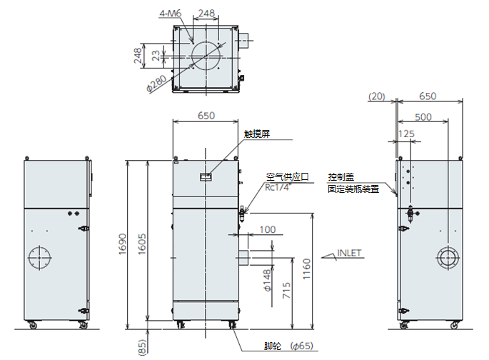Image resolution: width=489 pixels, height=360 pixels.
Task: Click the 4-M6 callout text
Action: point(169,13)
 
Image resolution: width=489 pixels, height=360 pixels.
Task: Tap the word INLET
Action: point(350,253)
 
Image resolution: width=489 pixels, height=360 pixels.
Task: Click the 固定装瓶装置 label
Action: point(353,189)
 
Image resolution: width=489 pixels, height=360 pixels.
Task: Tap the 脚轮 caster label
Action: point(272,346)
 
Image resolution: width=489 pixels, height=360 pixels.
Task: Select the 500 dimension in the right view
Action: point(423,116)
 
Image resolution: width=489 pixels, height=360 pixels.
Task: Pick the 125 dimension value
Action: point(406,133)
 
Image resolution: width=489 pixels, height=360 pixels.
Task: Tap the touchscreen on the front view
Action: point(205,175)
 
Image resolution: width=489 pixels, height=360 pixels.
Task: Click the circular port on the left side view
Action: point(39,256)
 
